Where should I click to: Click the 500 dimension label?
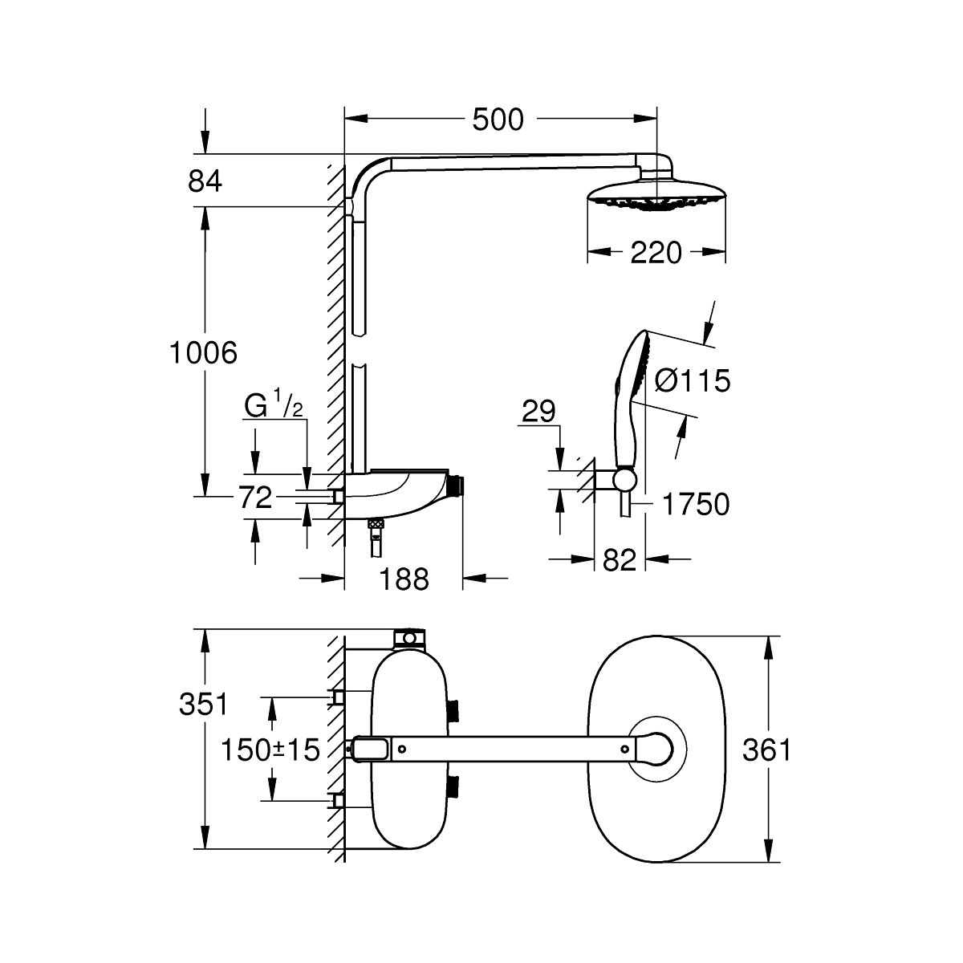(498, 120)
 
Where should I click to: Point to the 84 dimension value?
(205, 181)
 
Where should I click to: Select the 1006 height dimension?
(204, 352)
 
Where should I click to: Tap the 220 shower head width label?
(656, 253)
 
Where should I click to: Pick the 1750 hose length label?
(695, 505)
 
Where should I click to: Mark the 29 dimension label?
(538, 412)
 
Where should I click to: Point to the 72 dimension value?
(255, 498)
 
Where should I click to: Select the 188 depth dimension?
(404, 579)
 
